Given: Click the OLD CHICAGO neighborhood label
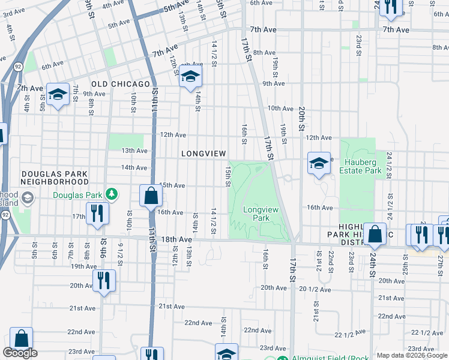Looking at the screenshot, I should click(121, 83).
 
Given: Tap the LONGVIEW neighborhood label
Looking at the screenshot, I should click(203, 154).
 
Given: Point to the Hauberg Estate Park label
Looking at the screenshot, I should click(363, 166).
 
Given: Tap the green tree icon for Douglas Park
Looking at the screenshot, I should click(111, 194).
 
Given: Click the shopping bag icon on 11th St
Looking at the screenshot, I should click(150, 196).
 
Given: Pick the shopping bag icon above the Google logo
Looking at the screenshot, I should click(21, 339).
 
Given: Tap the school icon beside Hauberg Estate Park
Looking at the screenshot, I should click(319, 163).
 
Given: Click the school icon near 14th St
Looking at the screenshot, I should click(190, 76).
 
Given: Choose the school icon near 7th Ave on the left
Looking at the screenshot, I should click(58, 94).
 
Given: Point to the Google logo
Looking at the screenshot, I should click(20, 353).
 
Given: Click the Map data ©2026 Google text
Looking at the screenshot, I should click(411, 355).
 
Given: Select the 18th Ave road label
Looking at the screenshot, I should click(176, 239).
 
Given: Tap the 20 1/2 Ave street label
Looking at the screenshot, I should click(315, 289).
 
